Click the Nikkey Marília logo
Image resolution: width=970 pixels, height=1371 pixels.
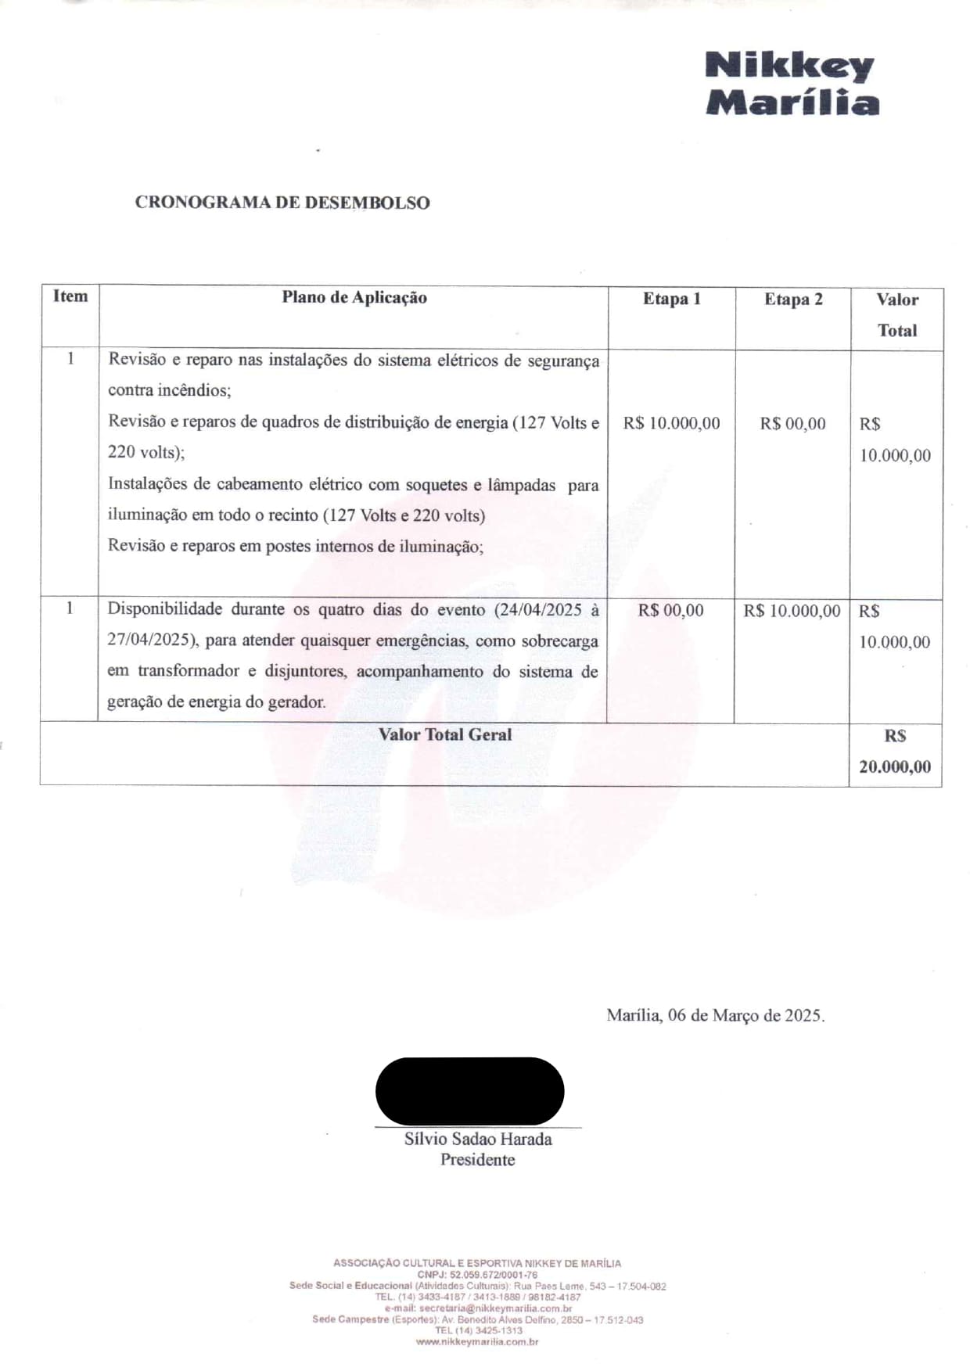click(791, 84)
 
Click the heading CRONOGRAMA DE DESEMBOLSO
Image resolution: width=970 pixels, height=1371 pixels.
click(282, 203)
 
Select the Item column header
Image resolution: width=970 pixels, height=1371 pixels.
click(70, 296)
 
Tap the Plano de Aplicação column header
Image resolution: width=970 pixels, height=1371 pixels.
click(354, 297)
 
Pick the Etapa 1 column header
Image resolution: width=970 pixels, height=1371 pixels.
click(671, 299)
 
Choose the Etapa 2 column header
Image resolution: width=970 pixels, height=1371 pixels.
click(793, 300)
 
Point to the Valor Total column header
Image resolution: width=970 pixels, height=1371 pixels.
click(896, 314)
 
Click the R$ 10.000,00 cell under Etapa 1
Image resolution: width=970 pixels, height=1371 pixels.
click(671, 423)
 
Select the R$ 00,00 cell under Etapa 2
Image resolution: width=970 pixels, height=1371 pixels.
click(792, 424)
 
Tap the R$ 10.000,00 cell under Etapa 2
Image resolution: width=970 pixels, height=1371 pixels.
click(792, 611)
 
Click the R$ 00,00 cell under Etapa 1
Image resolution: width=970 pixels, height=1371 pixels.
click(670, 610)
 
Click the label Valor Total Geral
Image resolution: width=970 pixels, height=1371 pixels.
click(445, 734)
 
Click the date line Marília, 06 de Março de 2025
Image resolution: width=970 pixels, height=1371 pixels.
click(715, 1015)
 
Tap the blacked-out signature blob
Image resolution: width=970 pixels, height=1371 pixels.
click(469, 1091)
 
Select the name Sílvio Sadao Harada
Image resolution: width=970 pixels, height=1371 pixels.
click(478, 1139)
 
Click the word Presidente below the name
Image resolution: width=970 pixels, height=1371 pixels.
click(477, 1160)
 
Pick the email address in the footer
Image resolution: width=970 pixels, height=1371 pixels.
click(495, 1308)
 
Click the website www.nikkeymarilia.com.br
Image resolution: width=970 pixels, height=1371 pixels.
click(477, 1342)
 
